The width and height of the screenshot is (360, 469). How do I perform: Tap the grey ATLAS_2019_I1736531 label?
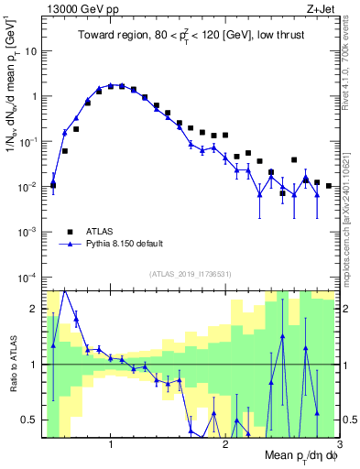(x=190, y=274)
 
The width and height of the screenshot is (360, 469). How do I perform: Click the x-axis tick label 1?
(x=111, y=443)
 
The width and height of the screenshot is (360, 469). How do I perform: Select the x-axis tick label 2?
(x=225, y=443)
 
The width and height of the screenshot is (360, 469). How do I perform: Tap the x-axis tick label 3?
(x=339, y=443)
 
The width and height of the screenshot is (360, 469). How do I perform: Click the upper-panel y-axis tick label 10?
(x=30, y=50)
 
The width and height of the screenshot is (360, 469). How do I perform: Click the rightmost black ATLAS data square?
(x=329, y=186)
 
